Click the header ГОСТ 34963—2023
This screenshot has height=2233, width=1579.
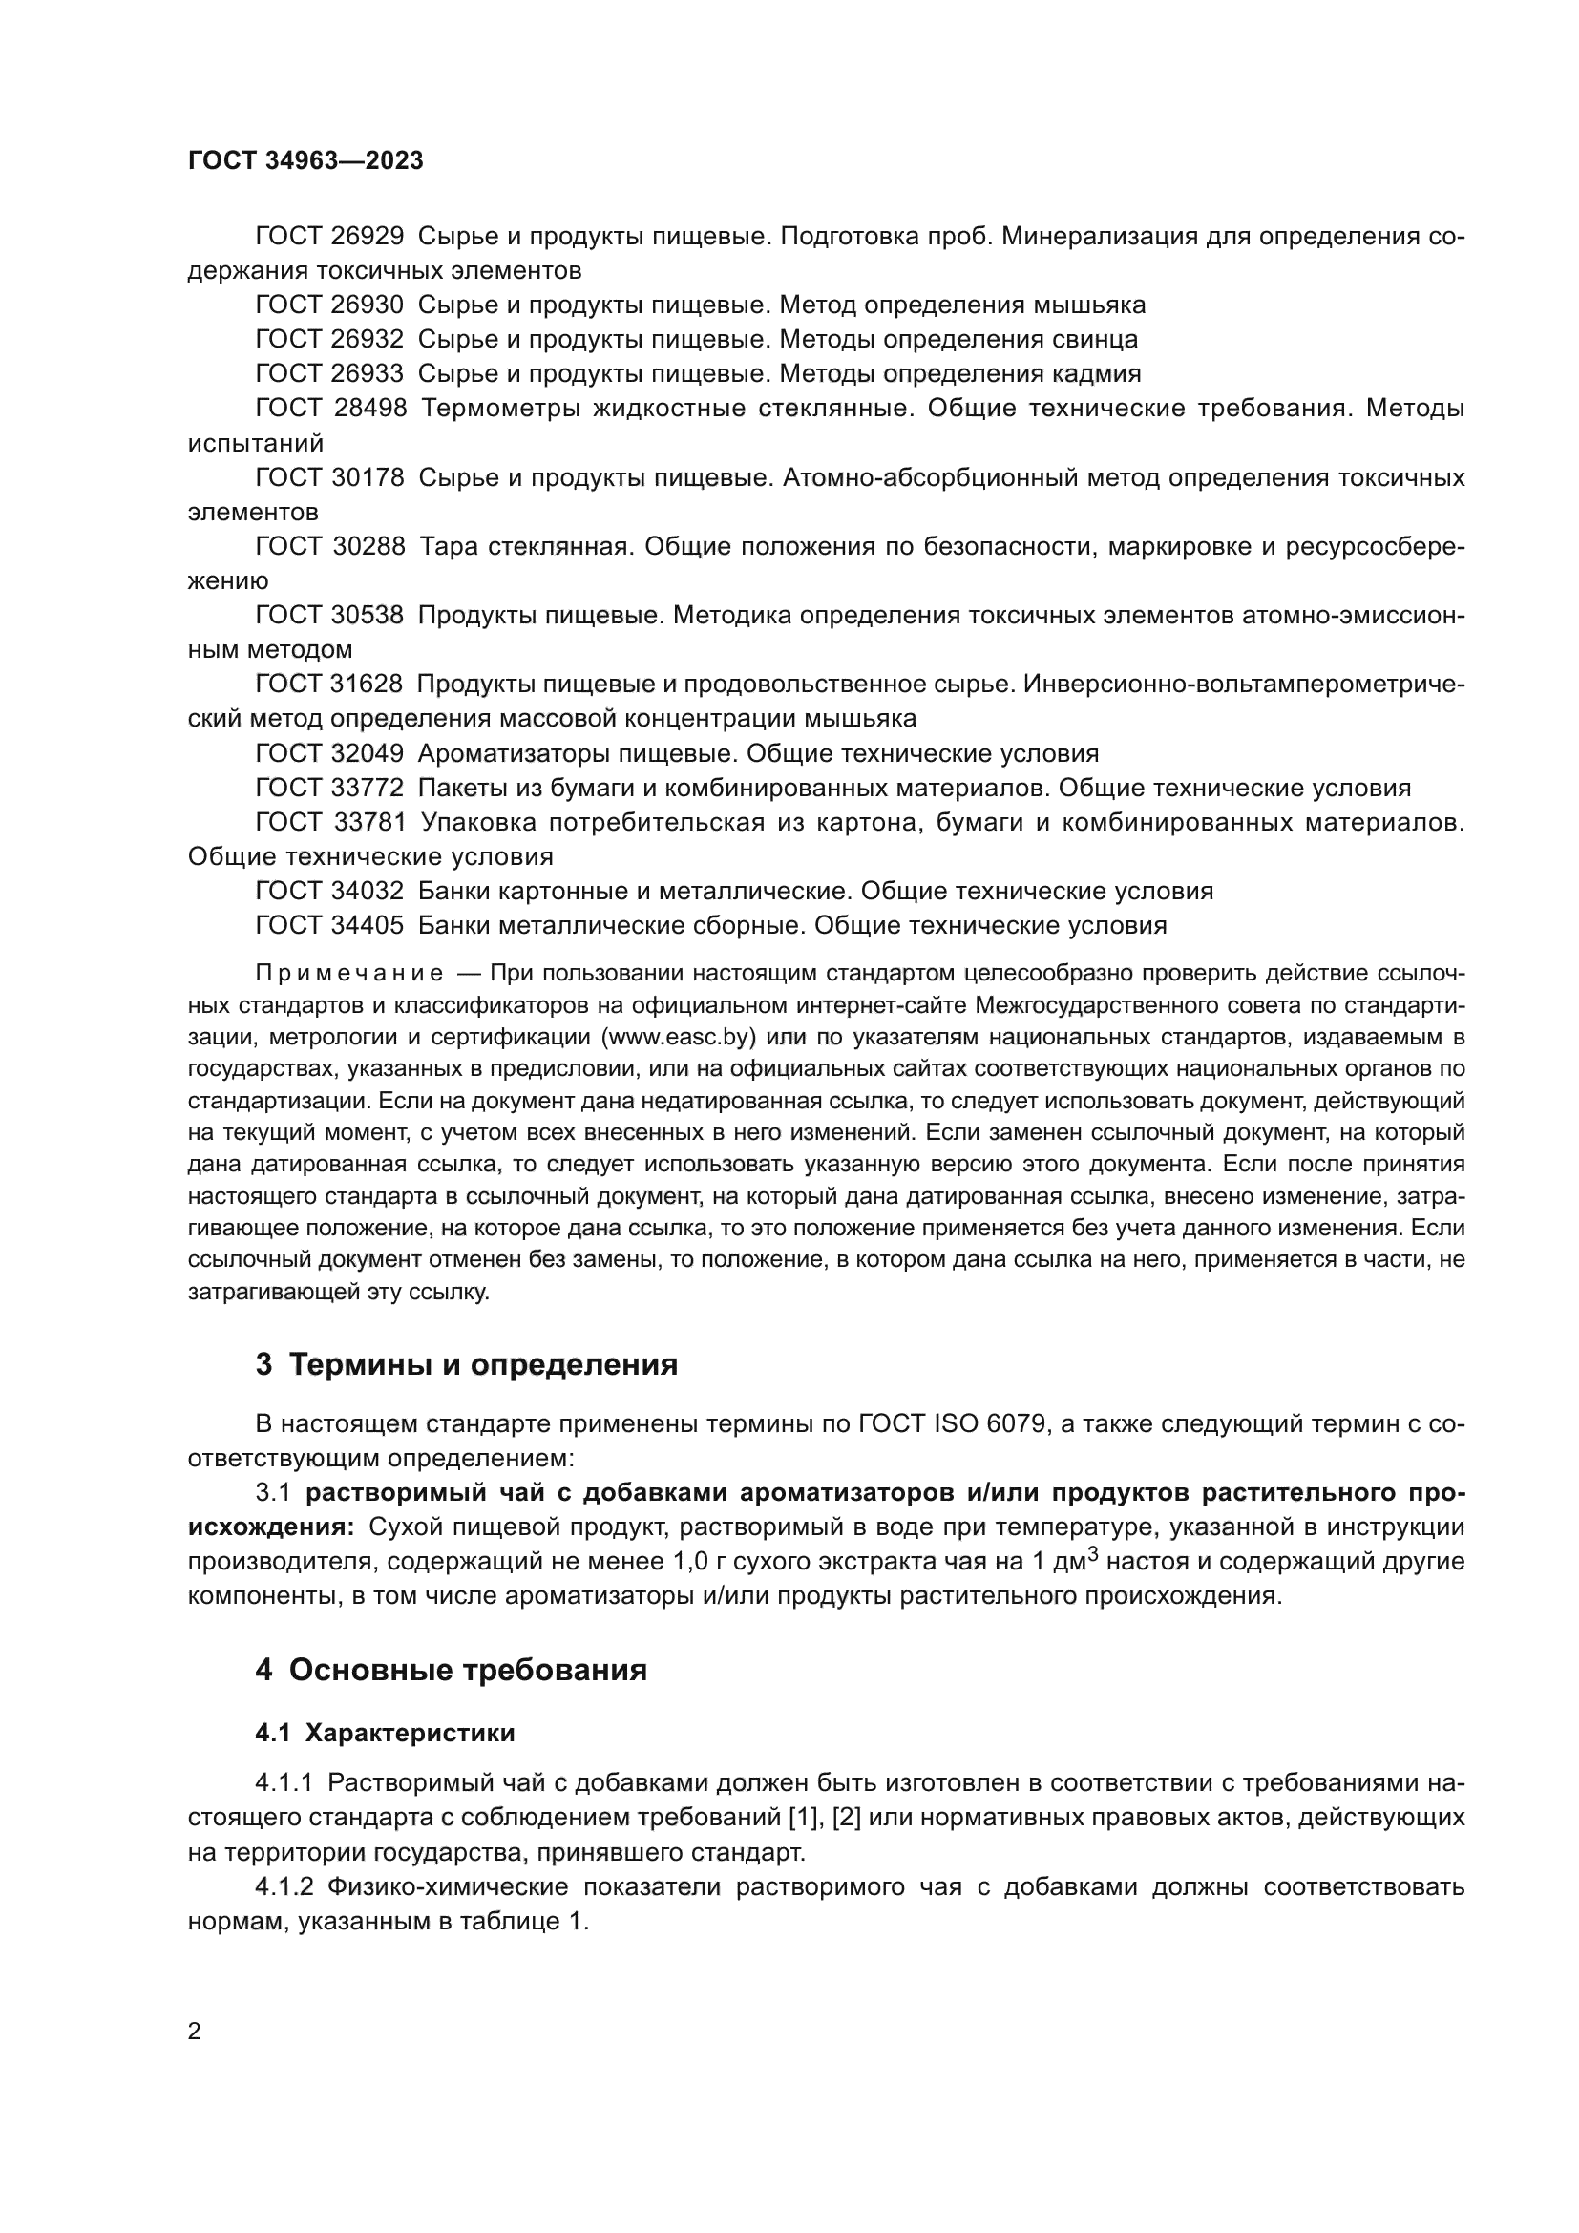(305, 161)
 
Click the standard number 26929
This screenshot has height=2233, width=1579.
(368, 237)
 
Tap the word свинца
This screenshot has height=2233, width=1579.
(1095, 340)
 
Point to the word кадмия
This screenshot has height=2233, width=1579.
(1098, 373)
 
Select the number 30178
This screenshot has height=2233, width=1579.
(368, 477)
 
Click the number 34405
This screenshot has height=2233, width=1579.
(368, 925)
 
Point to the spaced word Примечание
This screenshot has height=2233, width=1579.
(349, 974)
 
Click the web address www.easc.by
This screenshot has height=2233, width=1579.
(679, 1038)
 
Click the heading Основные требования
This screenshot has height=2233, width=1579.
(468, 1670)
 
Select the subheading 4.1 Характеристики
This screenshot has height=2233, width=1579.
(385, 1733)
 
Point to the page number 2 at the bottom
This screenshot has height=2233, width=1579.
(195, 2032)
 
